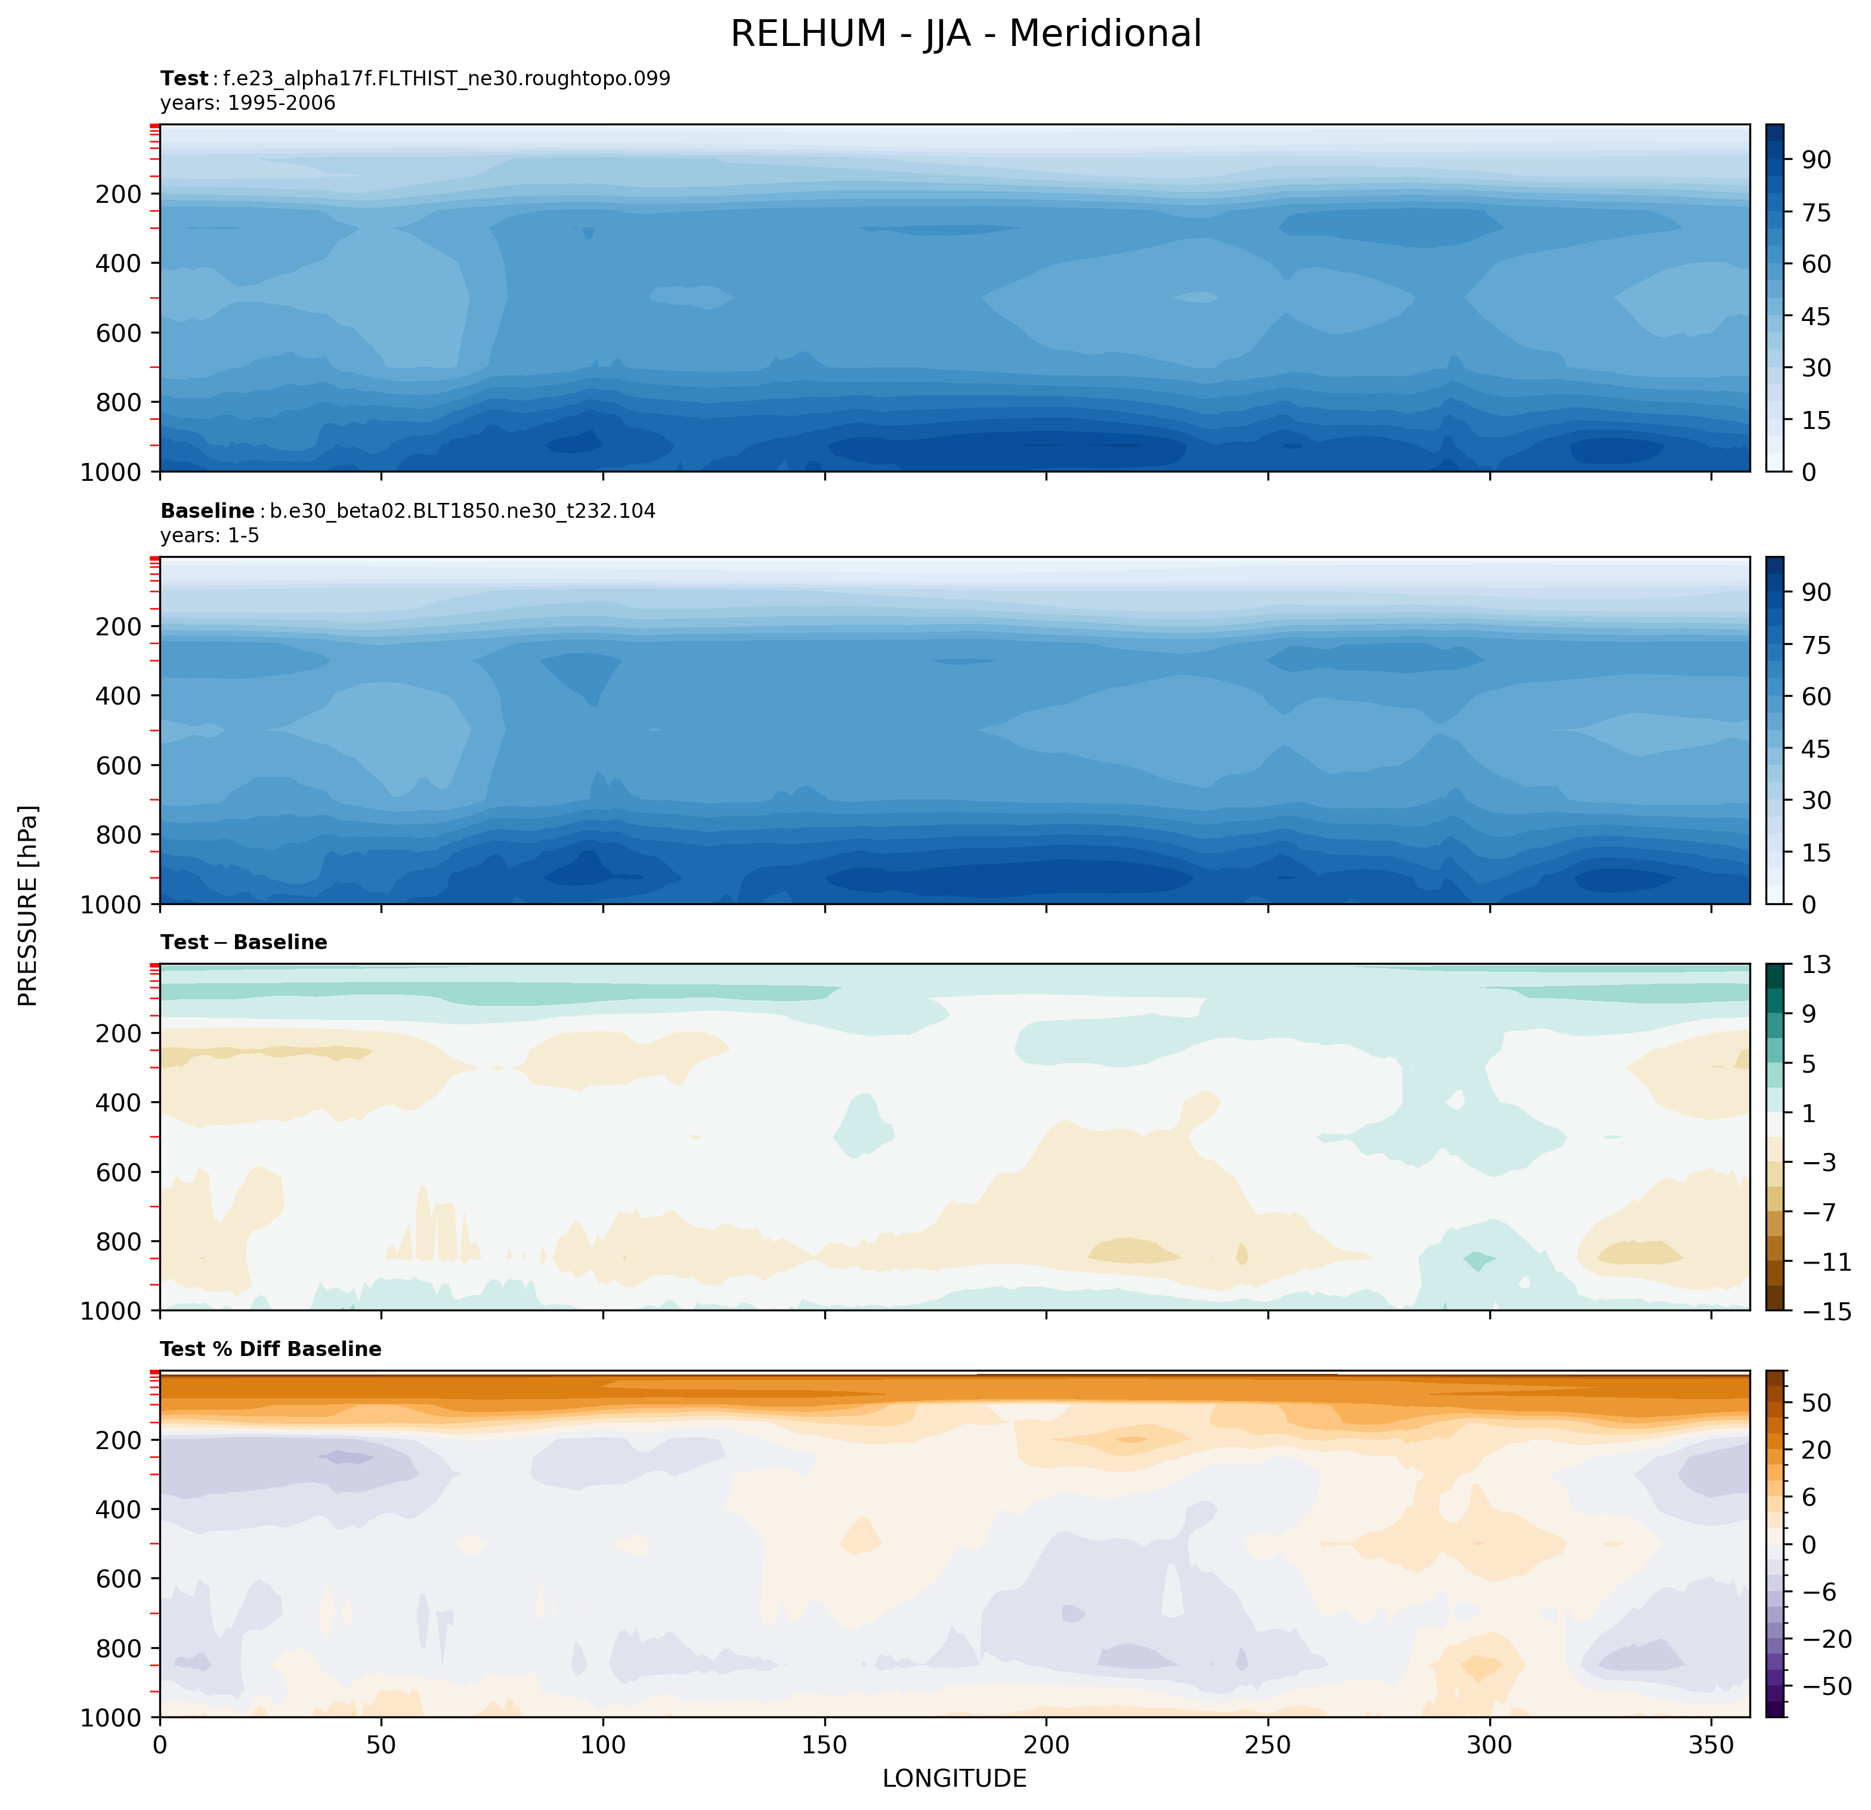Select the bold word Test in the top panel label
[184, 78]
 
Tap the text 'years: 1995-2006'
[248, 103]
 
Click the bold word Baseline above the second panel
[207, 511]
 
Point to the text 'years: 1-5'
[210, 536]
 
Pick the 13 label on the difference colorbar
[1817, 965]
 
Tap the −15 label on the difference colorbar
[1827, 1312]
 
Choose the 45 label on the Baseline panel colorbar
[1817, 749]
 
